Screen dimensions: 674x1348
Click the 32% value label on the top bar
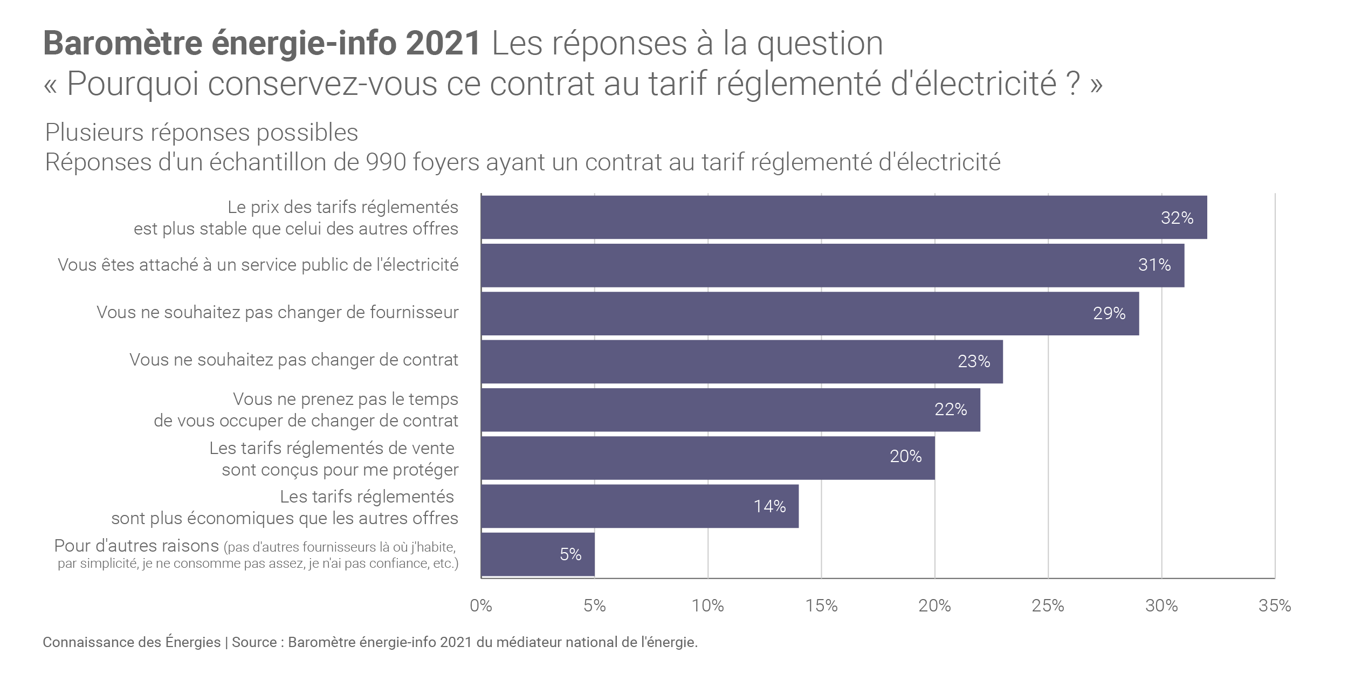pyautogui.click(x=1177, y=218)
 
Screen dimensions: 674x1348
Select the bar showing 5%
pyautogui.click(x=538, y=554)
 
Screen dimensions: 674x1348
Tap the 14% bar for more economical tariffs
pyautogui.click(x=639, y=506)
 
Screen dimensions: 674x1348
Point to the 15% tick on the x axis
pyautogui.click(x=821, y=606)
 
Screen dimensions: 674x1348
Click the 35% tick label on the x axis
pyautogui.click(x=1274, y=606)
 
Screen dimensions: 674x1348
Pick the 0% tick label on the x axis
pyautogui.click(x=481, y=606)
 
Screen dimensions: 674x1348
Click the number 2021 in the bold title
pyautogui.click(x=443, y=44)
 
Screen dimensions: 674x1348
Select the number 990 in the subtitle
pyautogui.click(x=386, y=162)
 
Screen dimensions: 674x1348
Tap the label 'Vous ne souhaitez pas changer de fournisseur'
pyautogui.click(x=278, y=312)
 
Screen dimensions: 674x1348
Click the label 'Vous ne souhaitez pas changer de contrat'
pyautogui.click(x=294, y=360)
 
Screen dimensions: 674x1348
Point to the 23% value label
pyautogui.click(x=974, y=361)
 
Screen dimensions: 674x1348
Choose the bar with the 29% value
pyautogui.click(x=809, y=313)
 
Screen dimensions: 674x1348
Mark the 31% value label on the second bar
pyautogui.click(x=1154, y=265)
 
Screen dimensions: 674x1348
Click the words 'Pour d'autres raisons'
pyautogui.click(x=136, y=546)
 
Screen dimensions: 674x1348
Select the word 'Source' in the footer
pyautogui.click(x=254, y=642)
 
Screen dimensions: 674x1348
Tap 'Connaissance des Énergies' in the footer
pyautogui.click(x=132, y=642)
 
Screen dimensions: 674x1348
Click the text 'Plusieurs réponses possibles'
pyautogui.click(x=202, y=133)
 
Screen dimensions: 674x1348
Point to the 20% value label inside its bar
pyautogui.click(x=905, y=457)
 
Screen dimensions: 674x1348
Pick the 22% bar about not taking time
pyautogui.click(x=730, y=409)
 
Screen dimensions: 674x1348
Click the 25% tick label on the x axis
pyautogui.click(x=1048, y=606)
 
